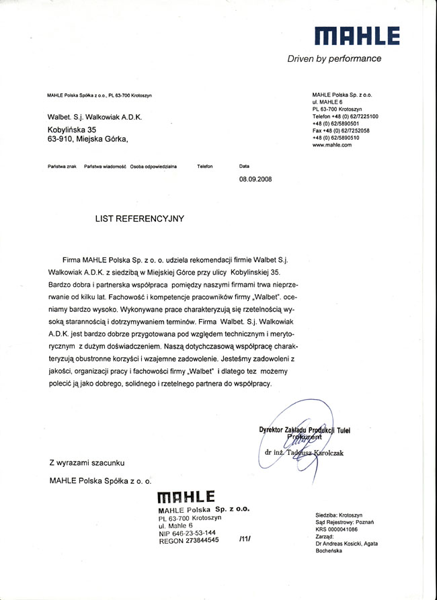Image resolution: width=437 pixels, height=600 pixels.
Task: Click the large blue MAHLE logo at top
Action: coord(356,36)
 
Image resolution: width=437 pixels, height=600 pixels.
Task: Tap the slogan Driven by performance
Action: coord(334,58)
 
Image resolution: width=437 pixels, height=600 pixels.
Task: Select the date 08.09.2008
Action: coord(255,179)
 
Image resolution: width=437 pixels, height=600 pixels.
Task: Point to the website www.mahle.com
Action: coord(332,145)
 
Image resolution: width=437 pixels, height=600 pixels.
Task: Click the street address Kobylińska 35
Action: coord(72,129)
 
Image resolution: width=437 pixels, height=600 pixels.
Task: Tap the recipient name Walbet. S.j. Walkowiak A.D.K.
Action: coord(95,116)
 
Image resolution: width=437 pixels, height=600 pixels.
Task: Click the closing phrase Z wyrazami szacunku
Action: coord(86,462)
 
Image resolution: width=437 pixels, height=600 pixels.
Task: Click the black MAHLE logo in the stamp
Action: coord(186,497)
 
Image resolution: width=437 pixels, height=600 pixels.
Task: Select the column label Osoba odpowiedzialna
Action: coord(154,165)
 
